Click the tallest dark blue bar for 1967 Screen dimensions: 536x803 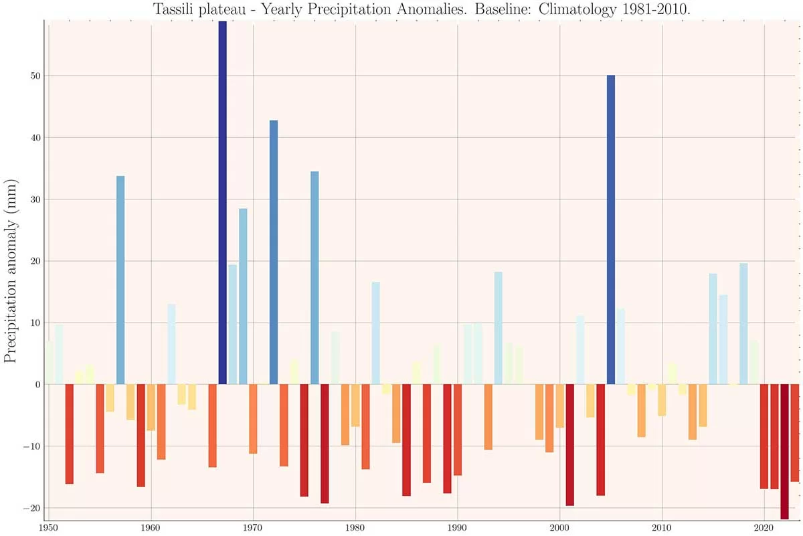click(223, 201)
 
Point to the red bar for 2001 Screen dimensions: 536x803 click(570, 444)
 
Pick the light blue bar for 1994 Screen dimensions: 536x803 click(499, 328)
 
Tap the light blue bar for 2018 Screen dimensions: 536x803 click(743, 324)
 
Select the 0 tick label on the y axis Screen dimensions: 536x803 click(37, 385)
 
